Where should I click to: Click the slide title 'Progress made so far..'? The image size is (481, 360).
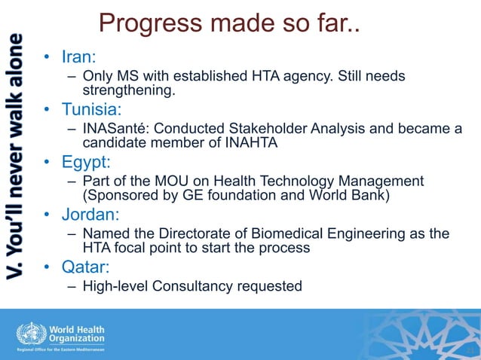(x=229, y=24)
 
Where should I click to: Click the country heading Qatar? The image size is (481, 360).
(x=84, y=267)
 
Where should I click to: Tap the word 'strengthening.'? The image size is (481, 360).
(x=129, y=90)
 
